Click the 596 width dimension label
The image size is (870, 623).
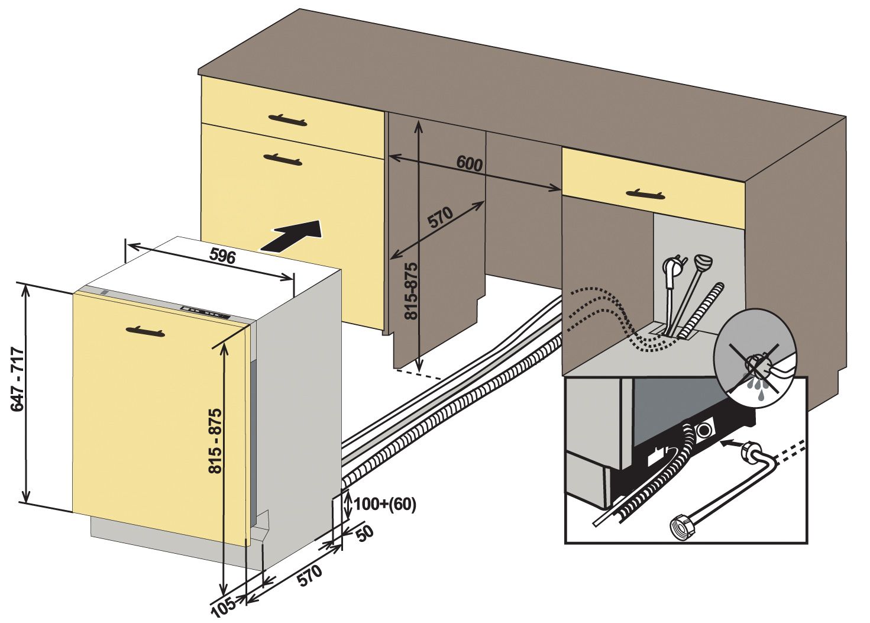pyautogui.click(x=222, y=256)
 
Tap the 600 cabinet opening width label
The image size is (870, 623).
pyautogui.click(x=470, y=163)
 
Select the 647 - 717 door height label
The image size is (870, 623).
pyautogui.click(x=18, y=379)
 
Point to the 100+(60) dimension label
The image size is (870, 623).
pyautogui.click(x=385, y=504)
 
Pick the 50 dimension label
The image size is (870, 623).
pyautogui.click(x=364, y=534)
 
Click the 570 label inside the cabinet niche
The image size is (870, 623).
pyautogui.click(x=441, y=218)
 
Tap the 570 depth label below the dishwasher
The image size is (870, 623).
pyautogui.click(x=310, y=575)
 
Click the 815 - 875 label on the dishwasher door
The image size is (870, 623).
pyautogui.click(x=215, y=441)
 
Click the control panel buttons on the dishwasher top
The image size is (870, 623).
pyautogui.click(x=205, y=312)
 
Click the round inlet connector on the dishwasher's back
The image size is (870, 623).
pyautogui.click(x=704, y=430)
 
